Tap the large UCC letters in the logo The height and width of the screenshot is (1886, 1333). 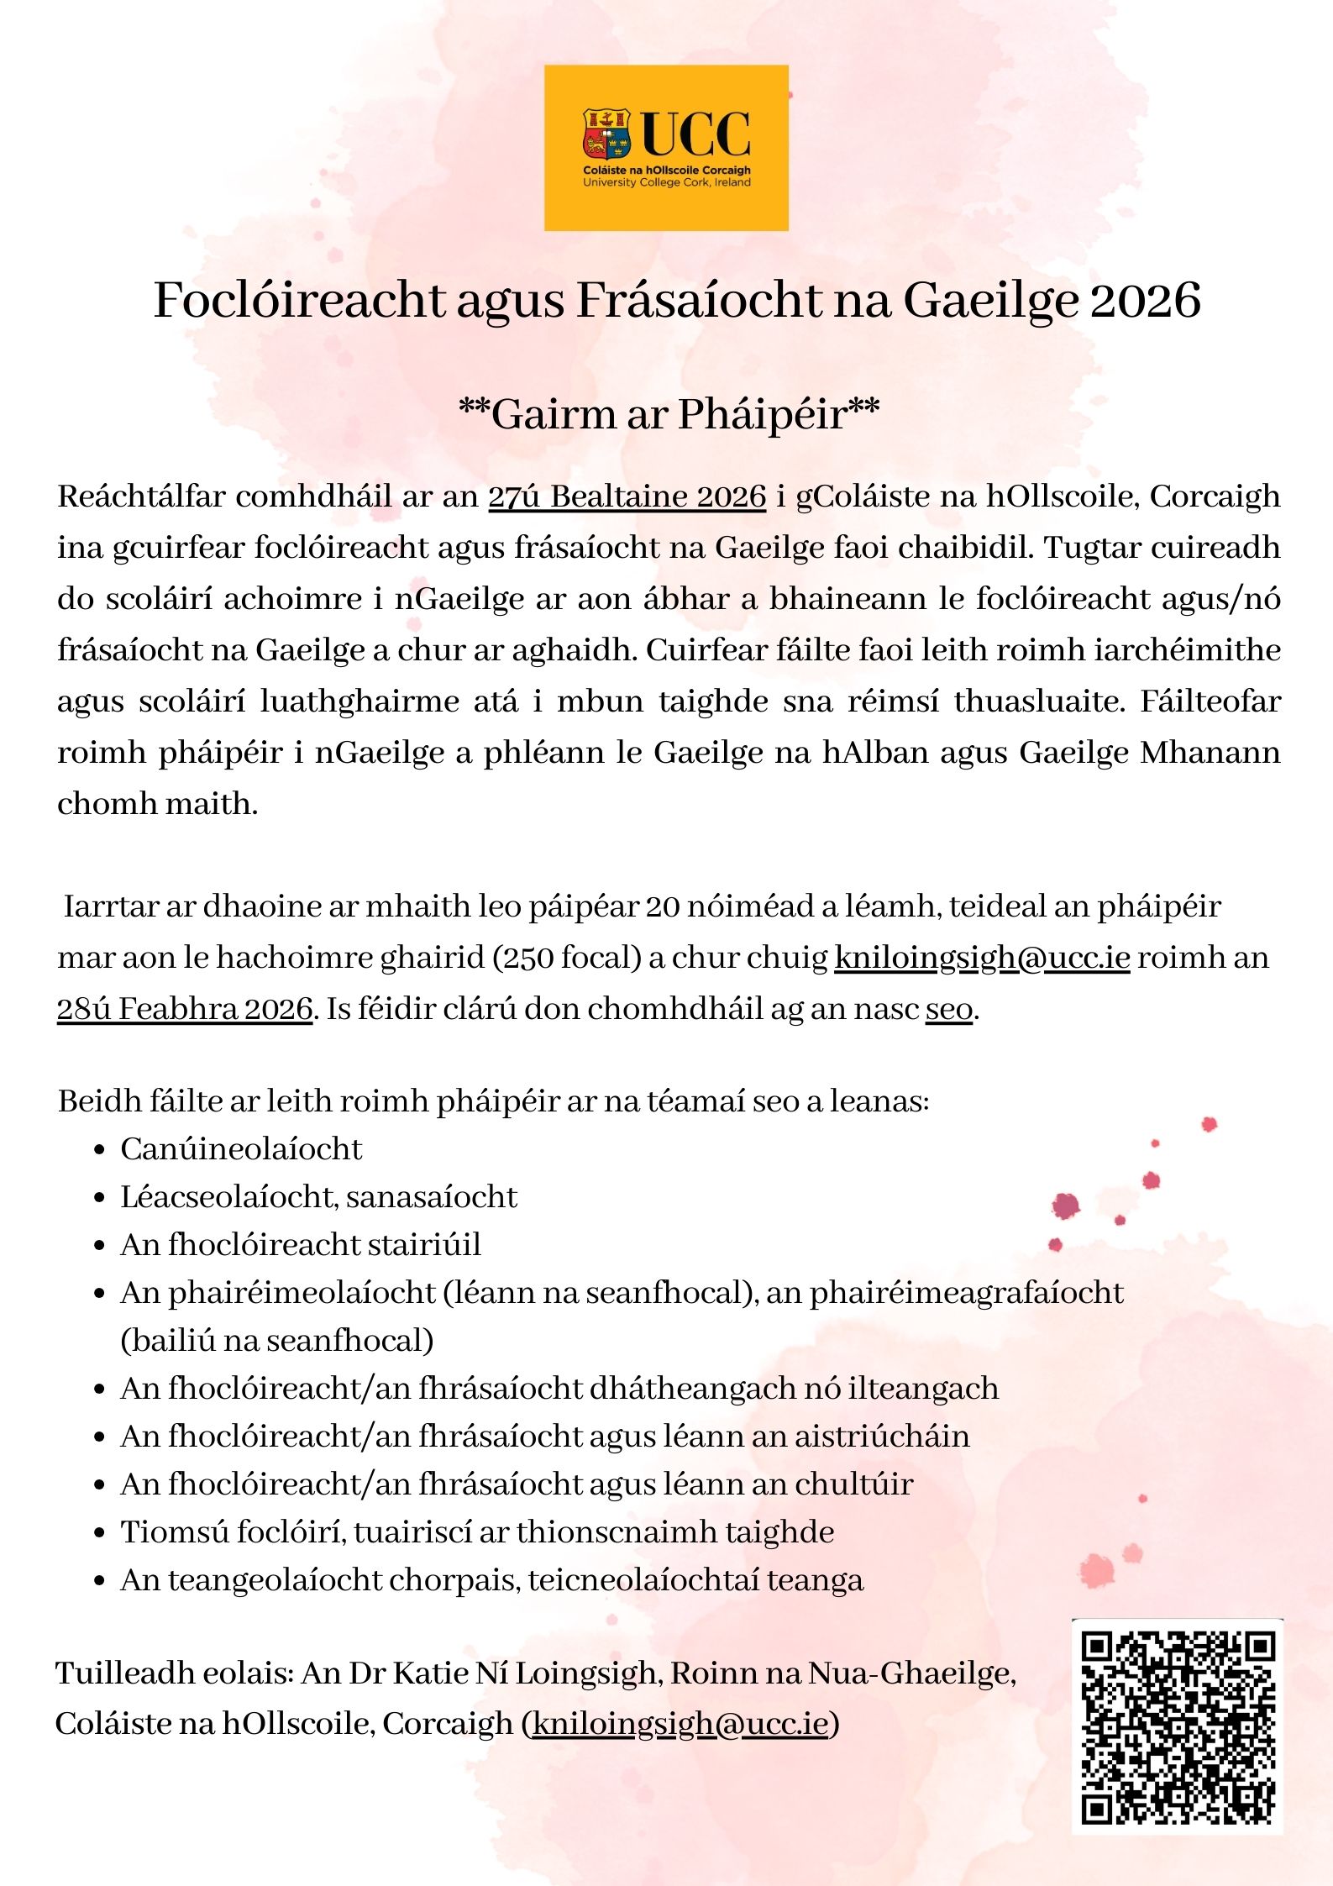tap(696, 134)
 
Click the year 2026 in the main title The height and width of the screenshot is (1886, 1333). tap(1145, 300)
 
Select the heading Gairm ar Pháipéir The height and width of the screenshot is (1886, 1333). tap(669, 414)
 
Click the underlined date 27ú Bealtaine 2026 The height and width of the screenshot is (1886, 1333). tap(627, 496)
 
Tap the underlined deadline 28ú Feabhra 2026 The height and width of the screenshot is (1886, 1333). tap(185, 1008)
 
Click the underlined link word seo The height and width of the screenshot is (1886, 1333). tap(949, 1008)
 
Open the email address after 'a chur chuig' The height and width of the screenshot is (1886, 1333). tap(982, 958)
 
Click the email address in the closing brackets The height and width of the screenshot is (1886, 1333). tap(680, 1724)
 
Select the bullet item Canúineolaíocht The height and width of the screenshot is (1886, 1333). tap(241, 1149)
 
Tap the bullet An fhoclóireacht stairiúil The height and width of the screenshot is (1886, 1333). tap(301, 1245)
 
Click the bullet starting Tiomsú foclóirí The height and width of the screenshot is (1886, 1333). tap(476, 1532)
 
